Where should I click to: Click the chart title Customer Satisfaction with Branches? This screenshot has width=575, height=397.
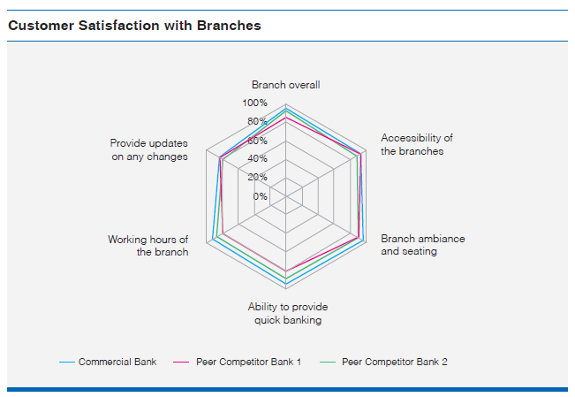[134, 26]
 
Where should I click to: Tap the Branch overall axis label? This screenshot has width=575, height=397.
[285, 85]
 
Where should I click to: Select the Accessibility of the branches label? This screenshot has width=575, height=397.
[417, 144]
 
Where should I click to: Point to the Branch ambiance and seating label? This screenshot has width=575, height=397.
[423, 245]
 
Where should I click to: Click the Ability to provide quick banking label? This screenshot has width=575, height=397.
[288, 313]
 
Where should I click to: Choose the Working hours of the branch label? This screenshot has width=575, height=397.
[148, 246]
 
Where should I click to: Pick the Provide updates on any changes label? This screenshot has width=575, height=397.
[149, 149]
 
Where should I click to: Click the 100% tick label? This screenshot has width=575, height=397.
[254, 103]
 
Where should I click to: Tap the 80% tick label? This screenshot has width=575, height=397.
[257, 121]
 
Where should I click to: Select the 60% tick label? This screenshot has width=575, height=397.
[257, 141]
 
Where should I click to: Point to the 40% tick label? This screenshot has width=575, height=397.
[257, 158]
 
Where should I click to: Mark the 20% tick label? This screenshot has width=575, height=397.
[257, 178]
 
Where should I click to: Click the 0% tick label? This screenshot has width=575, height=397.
[260, 196]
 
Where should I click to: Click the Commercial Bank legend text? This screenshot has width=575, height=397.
[117, 363]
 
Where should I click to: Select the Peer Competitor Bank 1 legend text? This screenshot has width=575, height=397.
[248, 363]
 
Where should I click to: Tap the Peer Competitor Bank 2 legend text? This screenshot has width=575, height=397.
[395, 363]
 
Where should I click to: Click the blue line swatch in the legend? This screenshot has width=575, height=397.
[67, 363]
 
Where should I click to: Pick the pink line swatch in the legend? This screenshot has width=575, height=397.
[181, 363]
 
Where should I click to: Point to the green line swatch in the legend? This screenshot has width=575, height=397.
[328, 363]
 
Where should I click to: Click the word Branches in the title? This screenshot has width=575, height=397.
[229, 26]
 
